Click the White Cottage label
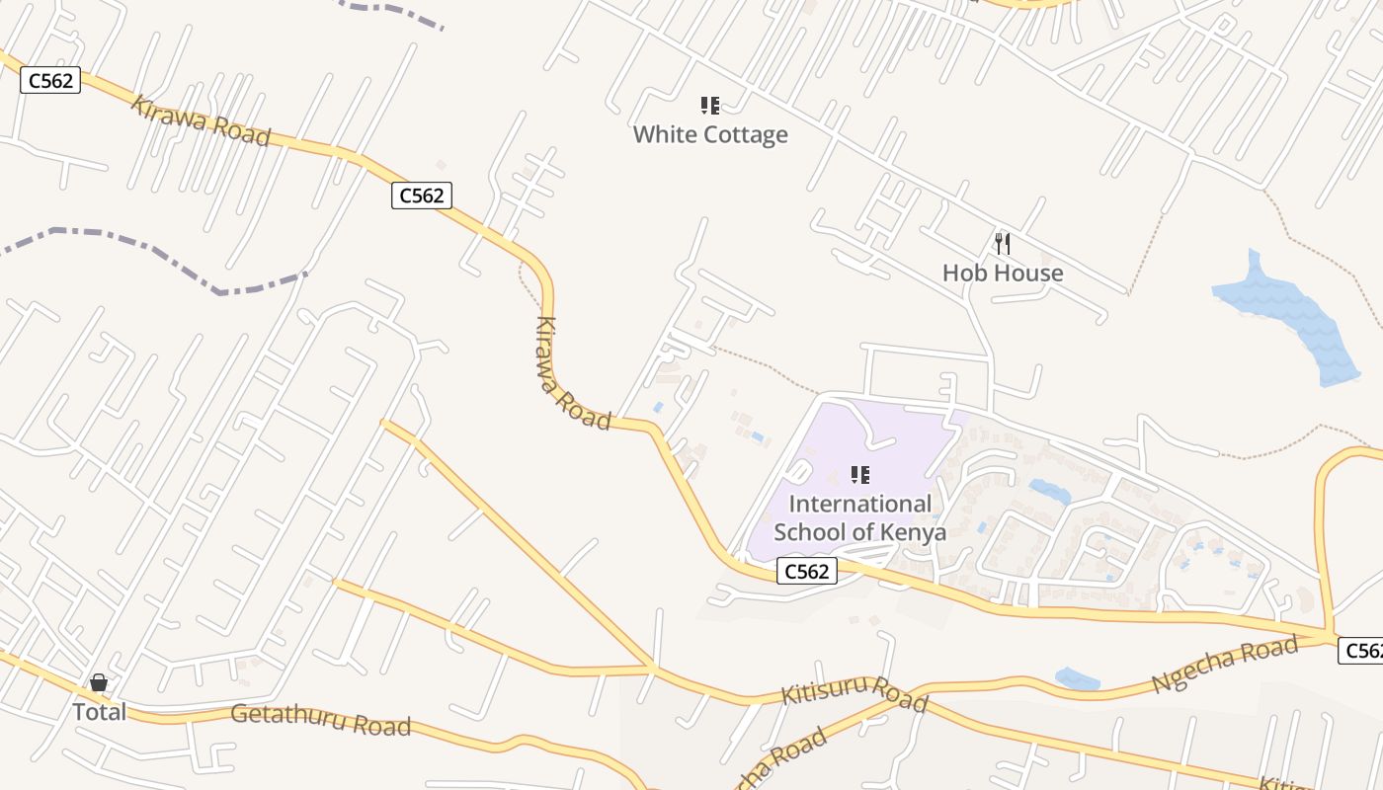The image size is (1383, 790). point(710,134)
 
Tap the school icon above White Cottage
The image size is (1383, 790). point(709,105)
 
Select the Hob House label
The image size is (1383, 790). point(1003,273)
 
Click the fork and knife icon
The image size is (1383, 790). point(1003,243)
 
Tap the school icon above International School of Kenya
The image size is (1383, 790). point(859,475)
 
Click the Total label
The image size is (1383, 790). point(99,711)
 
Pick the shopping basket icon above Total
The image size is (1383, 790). point(99,682)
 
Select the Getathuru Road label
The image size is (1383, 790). point(320,720)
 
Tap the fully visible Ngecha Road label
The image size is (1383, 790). point(1224,666)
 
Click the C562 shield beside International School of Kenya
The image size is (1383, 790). point(806,571)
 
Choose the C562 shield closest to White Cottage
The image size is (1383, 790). point(422,196)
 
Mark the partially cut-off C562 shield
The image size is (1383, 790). point(1362,651)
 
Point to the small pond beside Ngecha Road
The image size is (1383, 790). point(1077,679)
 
